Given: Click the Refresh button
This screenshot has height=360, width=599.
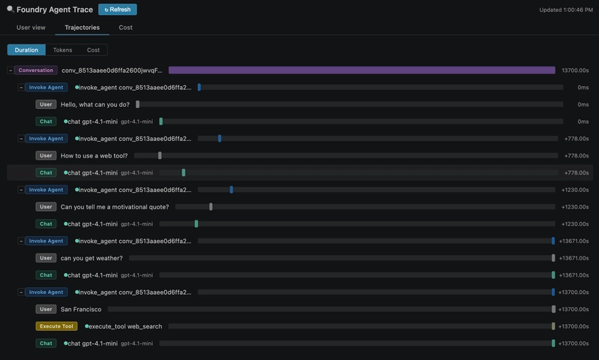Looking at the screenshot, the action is tap(117, 10).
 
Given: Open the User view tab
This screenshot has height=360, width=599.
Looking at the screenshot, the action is tap(31, 28).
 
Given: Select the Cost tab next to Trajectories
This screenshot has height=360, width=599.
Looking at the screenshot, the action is tap(125, 28).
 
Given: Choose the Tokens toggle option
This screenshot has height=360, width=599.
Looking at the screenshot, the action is tap(62, 50).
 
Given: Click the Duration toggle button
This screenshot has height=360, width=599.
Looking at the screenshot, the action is tap(26, 50).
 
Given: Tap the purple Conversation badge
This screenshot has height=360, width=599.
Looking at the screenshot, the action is tap(36, 70).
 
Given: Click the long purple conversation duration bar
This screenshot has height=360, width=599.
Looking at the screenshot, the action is tap(362, 70).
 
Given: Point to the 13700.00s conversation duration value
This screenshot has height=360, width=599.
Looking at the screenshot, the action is tap(575, 70).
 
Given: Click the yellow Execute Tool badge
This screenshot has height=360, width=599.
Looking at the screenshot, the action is tap(56, 326).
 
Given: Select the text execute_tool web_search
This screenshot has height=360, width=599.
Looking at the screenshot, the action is tap(125, 326).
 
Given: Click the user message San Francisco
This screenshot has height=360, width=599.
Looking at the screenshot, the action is tap(81, 309).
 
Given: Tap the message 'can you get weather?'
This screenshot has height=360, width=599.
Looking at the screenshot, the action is tap(91, 258).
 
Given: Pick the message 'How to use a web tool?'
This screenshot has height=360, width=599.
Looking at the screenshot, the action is tap(94, 155).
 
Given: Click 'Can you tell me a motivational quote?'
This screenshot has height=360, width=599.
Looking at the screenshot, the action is tap(115, 207).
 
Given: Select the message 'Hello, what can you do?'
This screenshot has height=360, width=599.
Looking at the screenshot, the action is tap(95, 104).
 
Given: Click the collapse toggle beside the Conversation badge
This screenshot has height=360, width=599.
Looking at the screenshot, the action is tap(10, 70).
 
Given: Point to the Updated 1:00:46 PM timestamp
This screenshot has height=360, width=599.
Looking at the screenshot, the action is tap(566, 10).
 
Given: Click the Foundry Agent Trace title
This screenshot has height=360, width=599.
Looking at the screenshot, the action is tap(55, 10).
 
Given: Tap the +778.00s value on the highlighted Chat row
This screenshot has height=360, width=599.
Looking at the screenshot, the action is tap(577, 172).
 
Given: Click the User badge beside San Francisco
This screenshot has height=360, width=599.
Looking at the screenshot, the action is tap(46, 309).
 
